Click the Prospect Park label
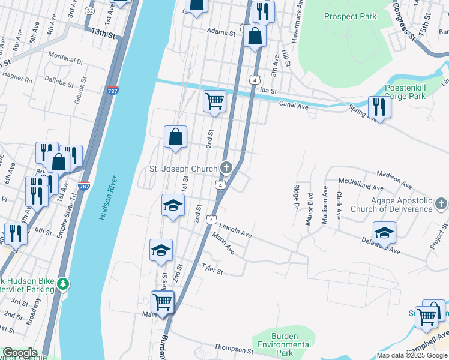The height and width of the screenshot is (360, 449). (x=350, y=16)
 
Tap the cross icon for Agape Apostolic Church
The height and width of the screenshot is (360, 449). (x=442, y=204)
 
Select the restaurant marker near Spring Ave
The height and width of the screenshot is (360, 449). (x=379, y=106)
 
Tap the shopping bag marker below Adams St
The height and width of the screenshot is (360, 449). (x=255, y=35)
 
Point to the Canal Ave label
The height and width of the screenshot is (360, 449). (x=294, y=105)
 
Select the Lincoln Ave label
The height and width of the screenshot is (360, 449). (x=235, y=230)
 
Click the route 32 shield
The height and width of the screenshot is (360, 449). (x=89, y=11)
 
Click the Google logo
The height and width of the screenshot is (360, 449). (x=19, y=353)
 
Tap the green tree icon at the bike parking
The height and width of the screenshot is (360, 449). (x=63, y=282)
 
